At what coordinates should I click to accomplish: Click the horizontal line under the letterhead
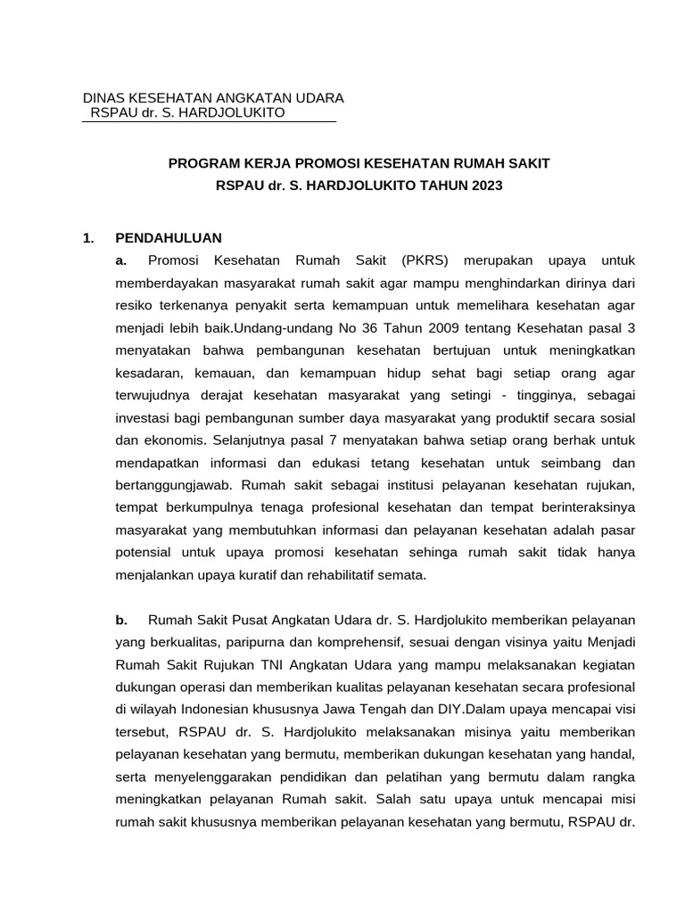(x=209, y=121)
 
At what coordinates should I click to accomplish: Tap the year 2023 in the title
(x=487, y=186)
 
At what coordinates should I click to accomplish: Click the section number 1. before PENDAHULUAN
(x=87, y=238)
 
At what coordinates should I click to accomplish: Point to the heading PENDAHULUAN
(x=169, y=238)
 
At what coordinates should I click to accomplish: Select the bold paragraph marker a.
(x=122, y=260)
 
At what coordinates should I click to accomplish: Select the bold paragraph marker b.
(x=122, y=620)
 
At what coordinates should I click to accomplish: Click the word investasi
(x=144, y=417)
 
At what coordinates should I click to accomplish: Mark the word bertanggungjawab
(x=173, y=485)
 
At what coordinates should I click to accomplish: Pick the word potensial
(x=145, y=553)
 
